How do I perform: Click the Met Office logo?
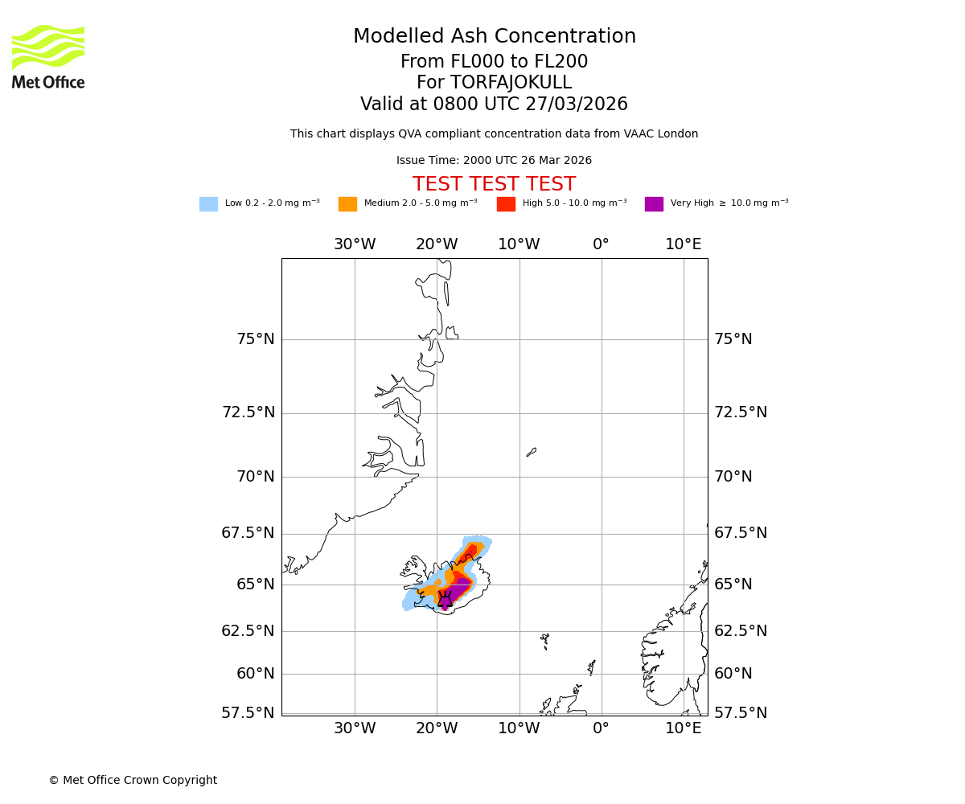(48, 56)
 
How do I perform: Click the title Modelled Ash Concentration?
(494, 37)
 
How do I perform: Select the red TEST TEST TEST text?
(494, 185)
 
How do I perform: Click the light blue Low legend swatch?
(208, 204)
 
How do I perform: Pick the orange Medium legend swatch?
(347, 204)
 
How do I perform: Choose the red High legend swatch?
(506, 204)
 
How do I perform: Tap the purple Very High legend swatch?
(654, 204)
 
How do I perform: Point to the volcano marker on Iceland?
(445, 600)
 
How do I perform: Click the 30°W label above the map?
(355, 244)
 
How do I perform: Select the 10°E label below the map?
(683, 728)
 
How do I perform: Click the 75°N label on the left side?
(255, 339)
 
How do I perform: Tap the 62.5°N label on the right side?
(741, 631)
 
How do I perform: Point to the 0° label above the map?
(601, 244)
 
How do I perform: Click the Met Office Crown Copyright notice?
(133, 781)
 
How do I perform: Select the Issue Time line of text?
(494, 161)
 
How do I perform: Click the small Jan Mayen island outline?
(531, 453)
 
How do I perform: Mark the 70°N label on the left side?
(255, 477)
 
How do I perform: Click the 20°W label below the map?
(437, 728)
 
